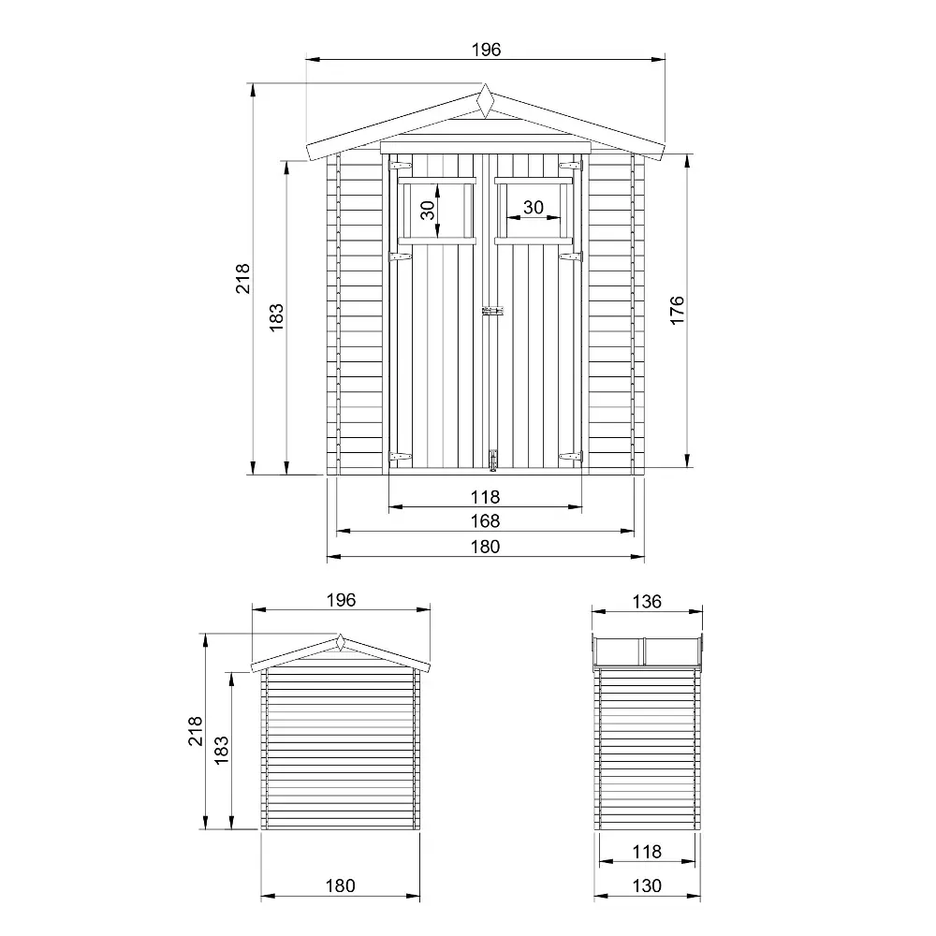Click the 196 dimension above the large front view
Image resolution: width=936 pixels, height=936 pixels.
[x=486, y=51]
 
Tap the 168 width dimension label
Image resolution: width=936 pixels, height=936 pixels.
[x=486, y=521]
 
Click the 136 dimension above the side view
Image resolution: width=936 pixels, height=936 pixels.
[x=647, y=601]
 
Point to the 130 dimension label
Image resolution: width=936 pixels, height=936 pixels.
[x=647, y=885]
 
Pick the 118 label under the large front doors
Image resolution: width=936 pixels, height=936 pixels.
[x=486, y=497]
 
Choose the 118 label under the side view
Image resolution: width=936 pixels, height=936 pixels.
[x=647, y=852]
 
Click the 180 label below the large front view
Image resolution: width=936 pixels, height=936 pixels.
[x=486, y=547]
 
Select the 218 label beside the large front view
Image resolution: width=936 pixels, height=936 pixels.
[x=243, y=279]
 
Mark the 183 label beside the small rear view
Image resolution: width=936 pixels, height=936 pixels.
[x=222, y=750]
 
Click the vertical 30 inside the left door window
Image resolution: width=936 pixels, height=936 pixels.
[x=427, y=211]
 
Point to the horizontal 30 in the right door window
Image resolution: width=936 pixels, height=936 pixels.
[x=534, y=207]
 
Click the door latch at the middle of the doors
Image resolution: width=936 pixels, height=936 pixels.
[x=492, y=312]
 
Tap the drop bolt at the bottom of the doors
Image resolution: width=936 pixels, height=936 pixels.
[x=492, y=459]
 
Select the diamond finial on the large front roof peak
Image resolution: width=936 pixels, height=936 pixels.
[x=485, y=100]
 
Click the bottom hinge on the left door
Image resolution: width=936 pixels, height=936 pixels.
[x=401, y=457]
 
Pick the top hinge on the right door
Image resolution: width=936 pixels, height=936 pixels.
[x=569, y=166]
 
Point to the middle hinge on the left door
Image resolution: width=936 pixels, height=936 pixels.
[x=401, y=255]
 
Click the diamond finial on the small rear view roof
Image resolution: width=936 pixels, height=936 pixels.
[x=341, y=643]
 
